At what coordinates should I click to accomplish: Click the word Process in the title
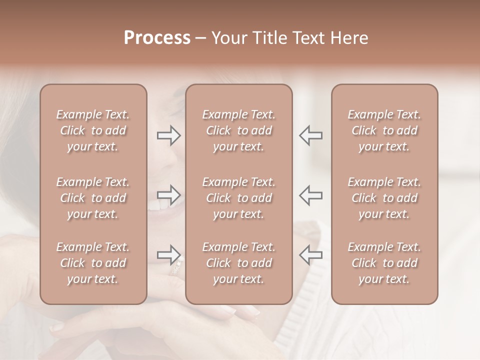tap(157, 38)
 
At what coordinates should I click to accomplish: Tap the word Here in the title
tap(348, 38)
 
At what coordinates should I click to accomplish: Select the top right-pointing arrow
tap(169, 135)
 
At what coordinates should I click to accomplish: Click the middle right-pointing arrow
tap(169, 194)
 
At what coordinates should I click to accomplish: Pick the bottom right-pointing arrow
tap(169, 255)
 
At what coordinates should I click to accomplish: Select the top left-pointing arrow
tap(310, 135)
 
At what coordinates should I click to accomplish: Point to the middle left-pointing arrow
tap(310, 194)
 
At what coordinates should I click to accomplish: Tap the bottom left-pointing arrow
tap(310, 255)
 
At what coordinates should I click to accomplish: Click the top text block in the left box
tap(93, 130)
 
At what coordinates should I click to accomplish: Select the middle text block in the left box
tap(93, 198)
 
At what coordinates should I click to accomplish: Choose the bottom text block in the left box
tap(93, 263)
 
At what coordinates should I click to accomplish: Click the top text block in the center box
tap(238, 130)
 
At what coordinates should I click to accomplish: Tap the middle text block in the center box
tap(238, 198)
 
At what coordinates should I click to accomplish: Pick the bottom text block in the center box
tap(238, 263)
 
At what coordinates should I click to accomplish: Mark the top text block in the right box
tap(384, 130)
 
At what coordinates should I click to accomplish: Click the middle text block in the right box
tap(384, 198)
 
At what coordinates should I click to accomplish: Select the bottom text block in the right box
tap(384, 263)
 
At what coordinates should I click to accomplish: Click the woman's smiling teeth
tap(159, 204)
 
